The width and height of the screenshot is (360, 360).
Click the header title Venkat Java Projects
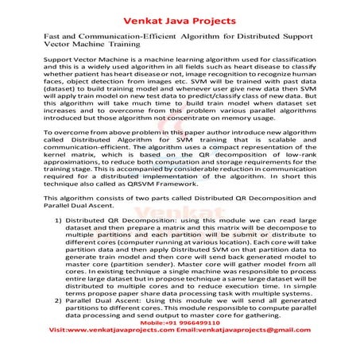180,12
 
